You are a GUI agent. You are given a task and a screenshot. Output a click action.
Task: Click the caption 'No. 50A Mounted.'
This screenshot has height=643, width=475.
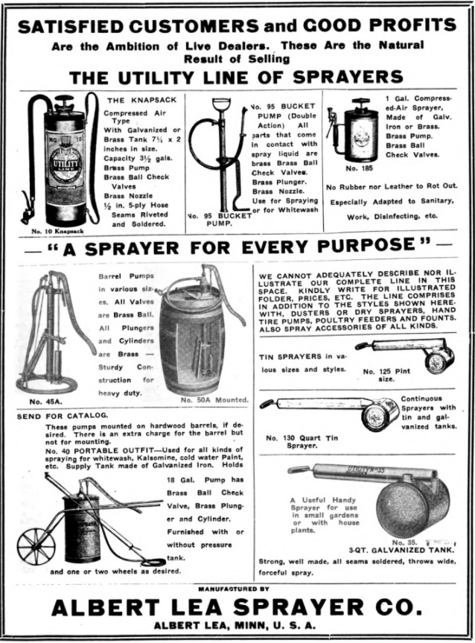214,400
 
